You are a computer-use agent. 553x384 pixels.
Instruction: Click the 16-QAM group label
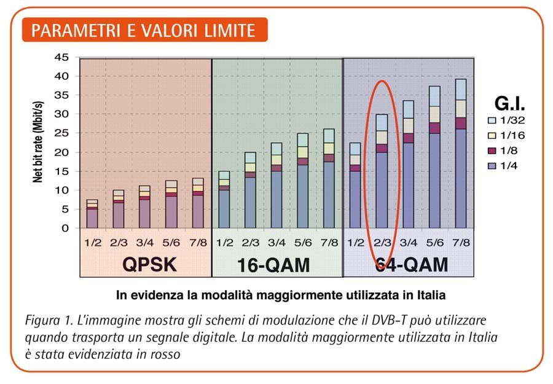[273, 265]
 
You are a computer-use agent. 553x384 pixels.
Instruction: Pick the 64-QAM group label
[411, 265]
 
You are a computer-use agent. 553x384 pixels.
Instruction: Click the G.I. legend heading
[509, 104]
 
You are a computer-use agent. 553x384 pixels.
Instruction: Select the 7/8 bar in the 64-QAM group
[460, 154]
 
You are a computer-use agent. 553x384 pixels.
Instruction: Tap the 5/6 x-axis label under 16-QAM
[303, 242]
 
